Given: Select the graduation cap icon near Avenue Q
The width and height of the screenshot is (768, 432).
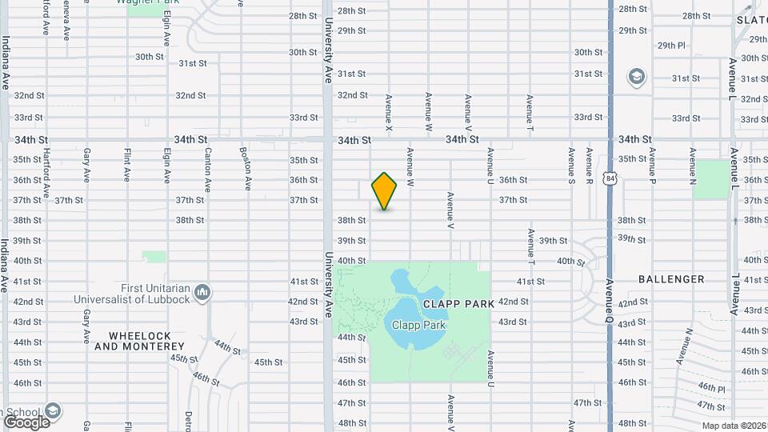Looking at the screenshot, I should coord(637,77).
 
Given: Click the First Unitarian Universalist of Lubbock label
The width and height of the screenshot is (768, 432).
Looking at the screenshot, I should coord(133,294).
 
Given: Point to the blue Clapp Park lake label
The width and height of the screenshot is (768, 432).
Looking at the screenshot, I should coord(414,325).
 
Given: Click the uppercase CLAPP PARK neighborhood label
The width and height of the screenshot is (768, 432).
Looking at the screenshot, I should coord(454,304).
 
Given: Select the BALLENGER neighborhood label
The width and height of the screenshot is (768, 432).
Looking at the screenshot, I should coord(671,279).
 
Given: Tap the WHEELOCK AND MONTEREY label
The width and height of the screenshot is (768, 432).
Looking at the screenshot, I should coord(139,341).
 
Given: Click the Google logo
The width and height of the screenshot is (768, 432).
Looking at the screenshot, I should coord(26,422).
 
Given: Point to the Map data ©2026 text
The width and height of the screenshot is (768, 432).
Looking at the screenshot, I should coord(734,426).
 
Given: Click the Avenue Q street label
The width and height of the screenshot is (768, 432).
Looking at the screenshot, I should coord(610,297).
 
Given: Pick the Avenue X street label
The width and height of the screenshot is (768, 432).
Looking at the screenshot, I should coord(389,114).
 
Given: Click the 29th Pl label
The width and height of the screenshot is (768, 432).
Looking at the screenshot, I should coord(671,46).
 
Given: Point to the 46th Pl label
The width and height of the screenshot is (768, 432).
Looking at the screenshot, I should coord(711,389).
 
